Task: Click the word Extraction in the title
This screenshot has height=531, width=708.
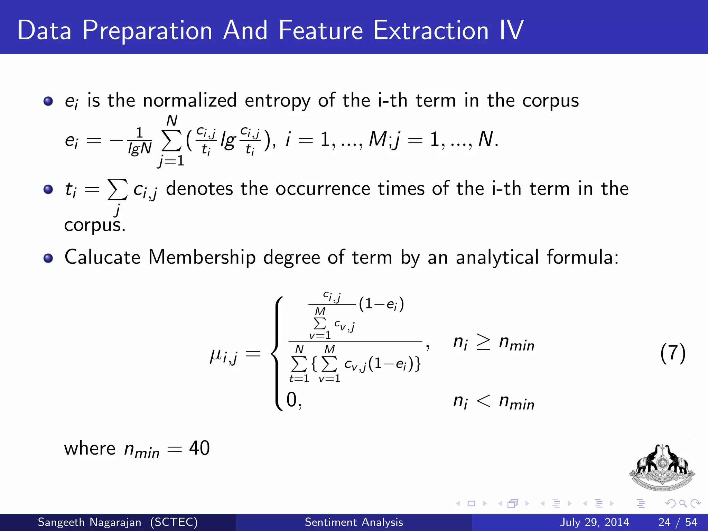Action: pos(431,30)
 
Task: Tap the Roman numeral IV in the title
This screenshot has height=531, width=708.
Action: pos(512,30)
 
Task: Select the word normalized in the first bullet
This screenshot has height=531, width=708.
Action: pos(190,100)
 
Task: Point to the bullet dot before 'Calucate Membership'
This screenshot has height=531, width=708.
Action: pos(48,258)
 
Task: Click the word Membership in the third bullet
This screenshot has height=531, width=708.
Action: pos(202,258)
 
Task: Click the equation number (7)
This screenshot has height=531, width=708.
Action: pos(672,353)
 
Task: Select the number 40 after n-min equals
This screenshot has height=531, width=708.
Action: pos(199,448)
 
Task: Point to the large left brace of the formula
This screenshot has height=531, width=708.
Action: pos(278,353)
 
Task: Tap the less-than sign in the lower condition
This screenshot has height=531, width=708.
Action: pos(483,401)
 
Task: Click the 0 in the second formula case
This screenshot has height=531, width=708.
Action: pos(292,400)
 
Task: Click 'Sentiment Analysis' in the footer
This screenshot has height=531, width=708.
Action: pos(354,522)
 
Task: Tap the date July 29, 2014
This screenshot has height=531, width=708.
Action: pos(594,522)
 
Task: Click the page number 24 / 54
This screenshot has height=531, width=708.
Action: pos(678,522)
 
